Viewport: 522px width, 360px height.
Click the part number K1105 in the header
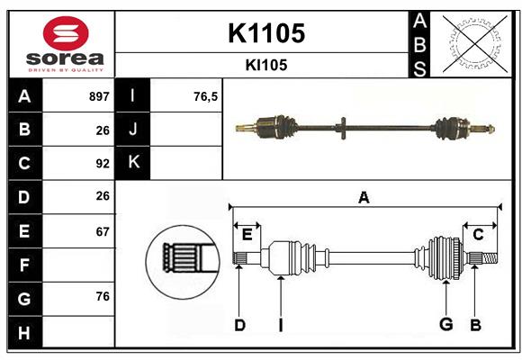[265, 33]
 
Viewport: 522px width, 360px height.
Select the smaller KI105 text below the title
[265, 65]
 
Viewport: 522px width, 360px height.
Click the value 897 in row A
[99, 96]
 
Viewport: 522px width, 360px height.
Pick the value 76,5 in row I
[206, 96]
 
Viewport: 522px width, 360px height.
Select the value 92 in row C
[103, 164]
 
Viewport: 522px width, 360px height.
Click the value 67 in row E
[103, 231]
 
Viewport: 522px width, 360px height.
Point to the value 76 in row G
[103, 298]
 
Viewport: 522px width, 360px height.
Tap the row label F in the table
[24, 265]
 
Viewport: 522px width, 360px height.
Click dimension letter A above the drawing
[364, 198]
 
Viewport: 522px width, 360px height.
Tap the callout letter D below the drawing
[239, 325]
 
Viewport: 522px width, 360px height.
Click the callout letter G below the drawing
[445, 325]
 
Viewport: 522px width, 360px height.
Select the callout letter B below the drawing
[475, 325]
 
